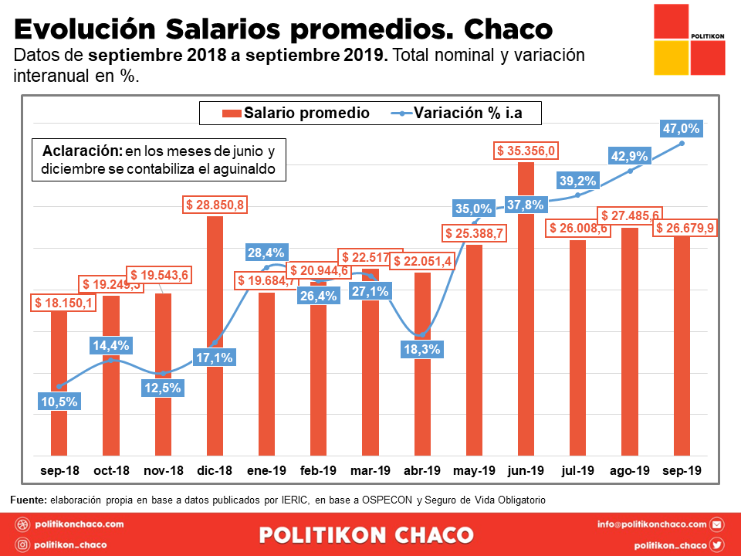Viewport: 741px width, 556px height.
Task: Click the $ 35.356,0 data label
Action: tap(526, 151)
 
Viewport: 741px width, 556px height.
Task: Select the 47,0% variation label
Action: tap(681, 129)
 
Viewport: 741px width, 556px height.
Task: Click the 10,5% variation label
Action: tap(59, 401)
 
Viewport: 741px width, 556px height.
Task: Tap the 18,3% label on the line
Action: tap(421, 349)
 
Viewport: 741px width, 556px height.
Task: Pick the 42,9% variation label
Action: tap(629, 156)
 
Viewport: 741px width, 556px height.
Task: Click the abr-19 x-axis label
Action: tap(421, 470)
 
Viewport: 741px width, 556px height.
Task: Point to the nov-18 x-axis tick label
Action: tap(163, 470)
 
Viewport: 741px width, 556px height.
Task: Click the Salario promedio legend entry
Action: tap(296, 113)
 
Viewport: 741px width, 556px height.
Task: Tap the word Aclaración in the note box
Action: tap(83, 150)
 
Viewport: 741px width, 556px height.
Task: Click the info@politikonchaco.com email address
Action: tap(651, 524)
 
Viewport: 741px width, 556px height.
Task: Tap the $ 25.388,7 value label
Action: tap(474, 233)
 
